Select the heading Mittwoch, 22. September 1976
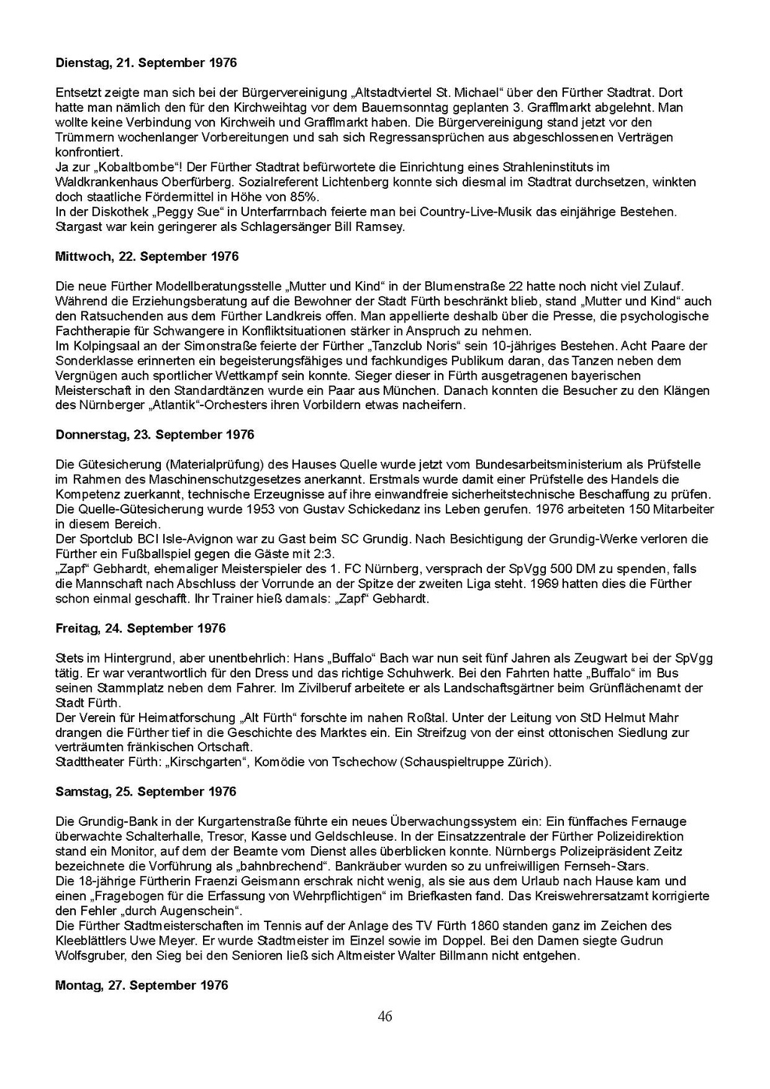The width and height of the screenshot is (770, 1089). (147, 256)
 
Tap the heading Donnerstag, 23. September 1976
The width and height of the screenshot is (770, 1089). (155, 435)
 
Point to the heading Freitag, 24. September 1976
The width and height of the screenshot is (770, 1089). (141, 628)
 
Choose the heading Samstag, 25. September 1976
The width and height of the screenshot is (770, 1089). (146, 791)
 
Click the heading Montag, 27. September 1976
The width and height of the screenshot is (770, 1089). (141, 985)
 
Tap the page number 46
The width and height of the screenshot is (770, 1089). (385, 1017)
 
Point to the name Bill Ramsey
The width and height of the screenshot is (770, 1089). (369, 226)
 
